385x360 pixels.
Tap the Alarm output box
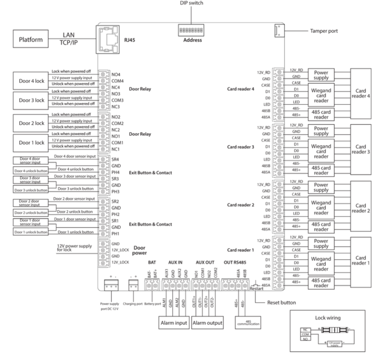[x=208, y=323]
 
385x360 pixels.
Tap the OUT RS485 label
[x=236, y=262]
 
